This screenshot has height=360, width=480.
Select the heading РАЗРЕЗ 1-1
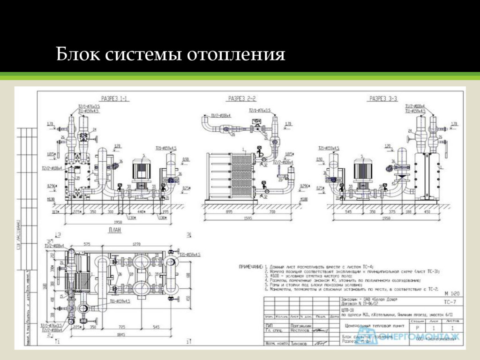115,99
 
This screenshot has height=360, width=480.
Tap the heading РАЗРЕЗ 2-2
242,99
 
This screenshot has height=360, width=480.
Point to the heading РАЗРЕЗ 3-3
383,99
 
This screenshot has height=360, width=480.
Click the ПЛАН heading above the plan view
115,230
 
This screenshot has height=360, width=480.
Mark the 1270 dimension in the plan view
136,244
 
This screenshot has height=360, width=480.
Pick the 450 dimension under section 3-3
427,212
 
